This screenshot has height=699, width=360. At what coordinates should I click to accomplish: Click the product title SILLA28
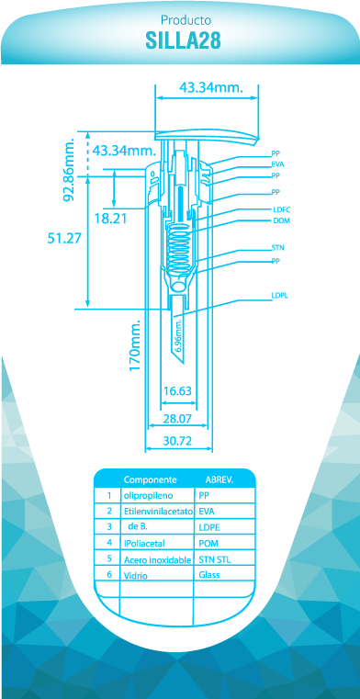point(183,40)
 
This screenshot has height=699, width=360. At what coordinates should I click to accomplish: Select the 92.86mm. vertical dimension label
point(69,170)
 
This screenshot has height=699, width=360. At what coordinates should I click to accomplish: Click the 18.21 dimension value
point(111,219)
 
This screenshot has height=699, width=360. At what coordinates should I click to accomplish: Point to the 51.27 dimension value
point(64,238)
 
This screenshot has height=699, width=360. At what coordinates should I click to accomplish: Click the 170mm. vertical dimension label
point(135,344)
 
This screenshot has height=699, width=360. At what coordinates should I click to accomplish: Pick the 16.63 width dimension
point(177,391)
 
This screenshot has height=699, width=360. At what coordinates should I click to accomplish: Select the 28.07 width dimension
point(177,419)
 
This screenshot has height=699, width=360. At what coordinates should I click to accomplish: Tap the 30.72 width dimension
point(177,441)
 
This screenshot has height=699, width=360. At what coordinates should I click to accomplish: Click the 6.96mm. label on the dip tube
point(178,336)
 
